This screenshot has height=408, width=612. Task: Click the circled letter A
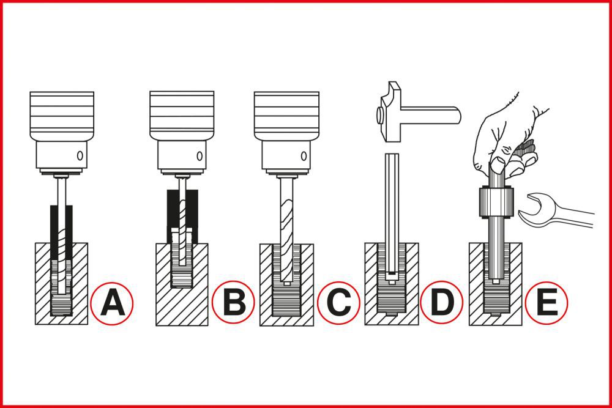tap(112, 302)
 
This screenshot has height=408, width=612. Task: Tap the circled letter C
tap(338, 302)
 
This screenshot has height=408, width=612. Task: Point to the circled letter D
tap(441, 302)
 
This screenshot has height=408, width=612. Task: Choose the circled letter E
tap(546, 302)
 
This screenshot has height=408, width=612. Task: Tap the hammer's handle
tap(435, 114)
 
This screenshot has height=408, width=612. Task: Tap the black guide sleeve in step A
tap(54, 232)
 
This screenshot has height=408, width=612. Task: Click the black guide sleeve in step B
tap(171, 214)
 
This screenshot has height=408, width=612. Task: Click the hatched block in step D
tap(373, 287)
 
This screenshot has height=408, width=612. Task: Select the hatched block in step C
tap(267, 287)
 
